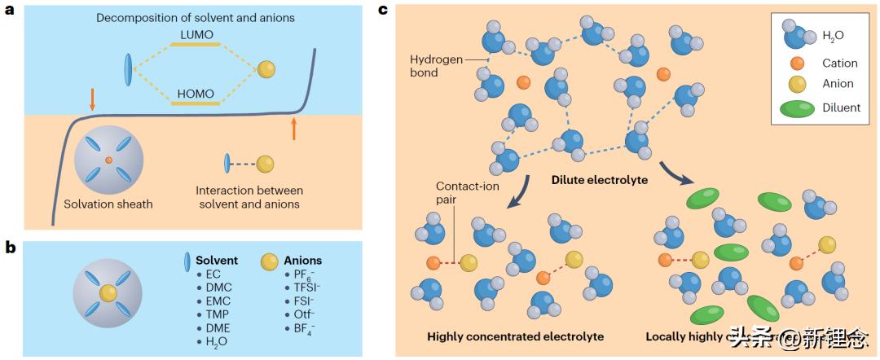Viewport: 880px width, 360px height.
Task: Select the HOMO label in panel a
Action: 195,94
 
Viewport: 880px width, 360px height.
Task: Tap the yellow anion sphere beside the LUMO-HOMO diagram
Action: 266,70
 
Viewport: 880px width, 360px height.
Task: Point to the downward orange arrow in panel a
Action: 92,98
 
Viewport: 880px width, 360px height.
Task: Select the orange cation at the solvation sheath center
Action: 108,159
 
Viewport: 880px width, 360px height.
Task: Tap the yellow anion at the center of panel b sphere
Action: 108,292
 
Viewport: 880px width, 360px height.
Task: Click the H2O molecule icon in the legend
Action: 799,34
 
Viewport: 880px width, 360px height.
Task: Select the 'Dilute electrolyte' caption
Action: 599,180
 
